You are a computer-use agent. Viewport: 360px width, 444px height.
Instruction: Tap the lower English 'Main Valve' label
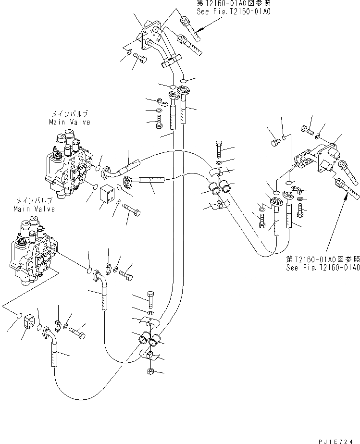[x=34, y=209]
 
